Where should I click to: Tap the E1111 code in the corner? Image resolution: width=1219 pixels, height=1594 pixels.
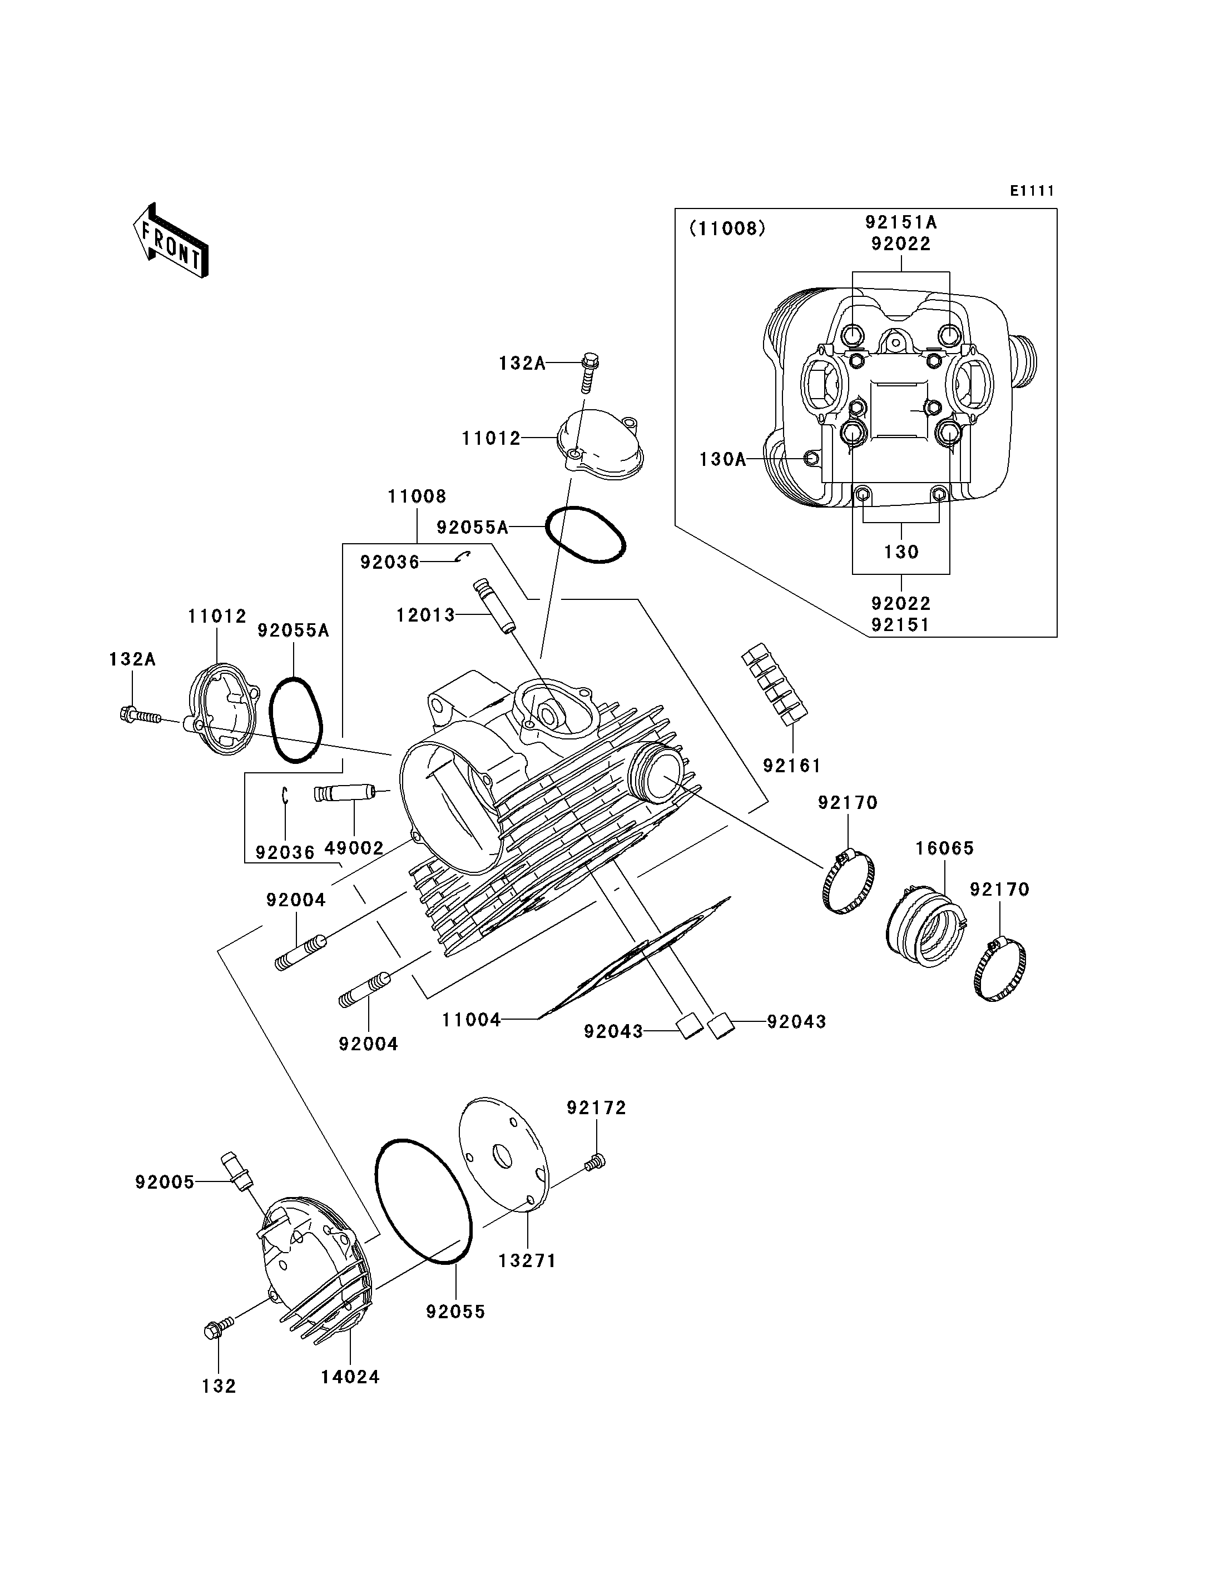1032,191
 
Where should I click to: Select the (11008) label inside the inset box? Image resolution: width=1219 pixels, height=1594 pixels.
727,229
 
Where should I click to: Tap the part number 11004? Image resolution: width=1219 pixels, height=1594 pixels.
472,1021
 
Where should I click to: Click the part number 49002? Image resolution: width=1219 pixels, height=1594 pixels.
354,848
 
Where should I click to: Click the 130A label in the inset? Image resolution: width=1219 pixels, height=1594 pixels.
723,459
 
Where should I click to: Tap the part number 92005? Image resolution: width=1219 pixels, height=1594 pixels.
165,1183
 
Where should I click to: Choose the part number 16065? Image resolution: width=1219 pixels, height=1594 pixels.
945,848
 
